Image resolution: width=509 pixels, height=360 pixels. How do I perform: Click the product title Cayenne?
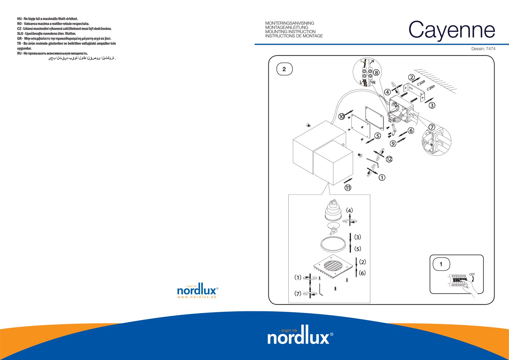click(452, 30)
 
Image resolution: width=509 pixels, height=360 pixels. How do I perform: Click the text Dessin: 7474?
click(483, 49)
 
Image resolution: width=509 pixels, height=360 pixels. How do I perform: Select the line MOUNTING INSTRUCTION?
click(290, 31)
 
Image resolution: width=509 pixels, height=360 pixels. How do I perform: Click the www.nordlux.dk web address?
click(197, 297)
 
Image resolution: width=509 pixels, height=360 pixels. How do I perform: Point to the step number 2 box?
click(284, 69)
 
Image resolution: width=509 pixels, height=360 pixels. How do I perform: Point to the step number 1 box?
click(441, 264)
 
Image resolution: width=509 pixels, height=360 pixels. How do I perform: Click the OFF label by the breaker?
click(472, 274)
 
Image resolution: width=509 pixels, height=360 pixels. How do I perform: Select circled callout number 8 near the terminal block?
click(376, 73)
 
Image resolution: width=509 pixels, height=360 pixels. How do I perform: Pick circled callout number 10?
click(342, 116)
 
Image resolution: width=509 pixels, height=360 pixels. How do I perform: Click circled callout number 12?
click(389, 159)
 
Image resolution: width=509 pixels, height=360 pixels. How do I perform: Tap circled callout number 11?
click(348, 188)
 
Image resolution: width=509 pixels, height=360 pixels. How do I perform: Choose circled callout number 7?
click(432, 127)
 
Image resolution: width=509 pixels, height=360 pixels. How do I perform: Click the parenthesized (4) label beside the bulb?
click(349, 211)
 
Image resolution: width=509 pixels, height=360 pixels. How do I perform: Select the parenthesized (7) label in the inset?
click(298, 293)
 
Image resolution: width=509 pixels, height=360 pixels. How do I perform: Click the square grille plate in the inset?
click(334, 266)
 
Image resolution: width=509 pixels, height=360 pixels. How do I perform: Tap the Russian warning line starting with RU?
click(53, 54)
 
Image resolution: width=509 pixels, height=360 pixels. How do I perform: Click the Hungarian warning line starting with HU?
click(47, 19)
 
